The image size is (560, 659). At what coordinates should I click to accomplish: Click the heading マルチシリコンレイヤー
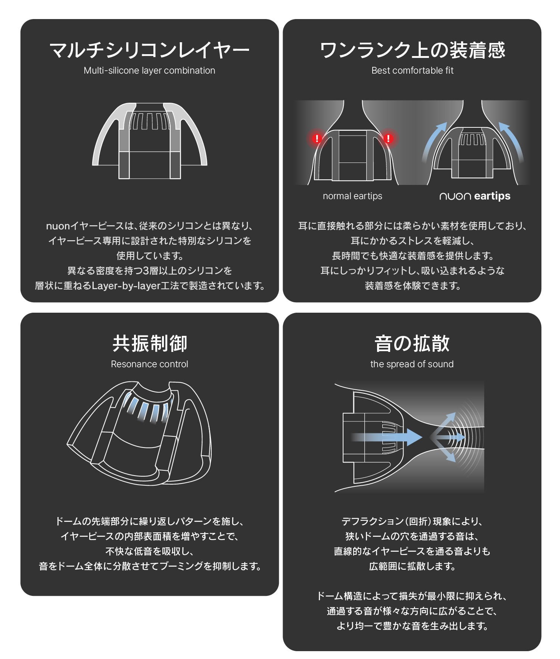[x=149, y=50]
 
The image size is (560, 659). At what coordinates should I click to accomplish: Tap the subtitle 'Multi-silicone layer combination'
[x=149, y=71]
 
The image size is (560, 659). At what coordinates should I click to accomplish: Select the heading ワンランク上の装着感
[x=412, y=50]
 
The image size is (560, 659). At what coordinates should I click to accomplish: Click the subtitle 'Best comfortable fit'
[x=412, y=71]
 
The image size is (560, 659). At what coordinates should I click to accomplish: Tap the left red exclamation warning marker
[x=317, y=139]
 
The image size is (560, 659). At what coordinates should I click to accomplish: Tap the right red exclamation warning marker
[x=388, y=139]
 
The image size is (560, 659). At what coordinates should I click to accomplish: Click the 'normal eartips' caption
[x=352, y=196]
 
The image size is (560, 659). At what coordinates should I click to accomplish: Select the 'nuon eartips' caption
[x=475, y=196]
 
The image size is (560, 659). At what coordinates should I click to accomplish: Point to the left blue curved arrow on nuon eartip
[x=433, y=140]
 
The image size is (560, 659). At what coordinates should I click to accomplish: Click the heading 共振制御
[x=149, y=344]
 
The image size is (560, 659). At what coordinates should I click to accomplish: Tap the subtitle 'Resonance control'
[x=149, y=364]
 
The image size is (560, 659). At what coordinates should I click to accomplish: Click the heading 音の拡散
[x=412, y=344]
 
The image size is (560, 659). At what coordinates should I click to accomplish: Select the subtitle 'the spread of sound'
[x=412, y=364]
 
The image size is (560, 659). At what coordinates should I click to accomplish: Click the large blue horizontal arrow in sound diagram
[x=388, y=437]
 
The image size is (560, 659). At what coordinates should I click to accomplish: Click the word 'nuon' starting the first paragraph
[x=58, y=226]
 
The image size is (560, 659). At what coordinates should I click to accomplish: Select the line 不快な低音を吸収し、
[x=149, y=551]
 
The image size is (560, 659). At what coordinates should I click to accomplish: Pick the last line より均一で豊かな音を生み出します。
[x=412, y=626]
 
